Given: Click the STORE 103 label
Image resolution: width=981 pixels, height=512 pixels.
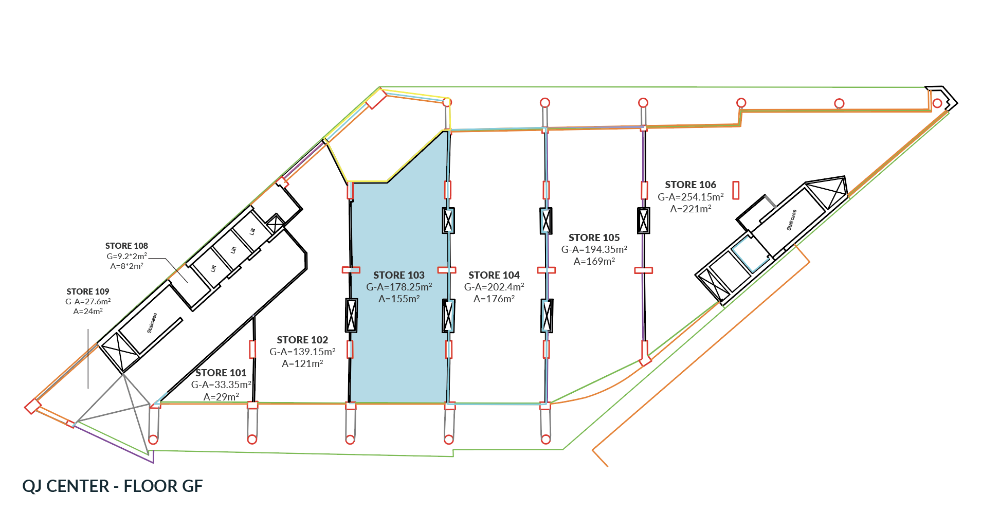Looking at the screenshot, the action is [x=399, y=275].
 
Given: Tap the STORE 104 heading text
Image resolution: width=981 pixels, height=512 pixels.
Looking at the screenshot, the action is [x=494, y=275].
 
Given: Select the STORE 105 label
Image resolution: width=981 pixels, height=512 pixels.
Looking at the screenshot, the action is [x=594, y=237].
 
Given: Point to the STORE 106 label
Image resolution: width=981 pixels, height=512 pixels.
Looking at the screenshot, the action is [x=691, y=185].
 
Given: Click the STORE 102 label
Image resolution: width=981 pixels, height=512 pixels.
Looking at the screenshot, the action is [x=302, y=340].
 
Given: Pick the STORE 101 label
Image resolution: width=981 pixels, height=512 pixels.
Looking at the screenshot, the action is [x=221, y=373].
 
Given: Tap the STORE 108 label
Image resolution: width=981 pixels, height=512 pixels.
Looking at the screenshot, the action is [x=126, y=246].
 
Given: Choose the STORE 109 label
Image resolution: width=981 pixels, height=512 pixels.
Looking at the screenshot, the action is [x=88, y=291].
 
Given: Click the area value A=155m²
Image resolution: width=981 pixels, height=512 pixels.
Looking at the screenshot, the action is [x=399, y=299].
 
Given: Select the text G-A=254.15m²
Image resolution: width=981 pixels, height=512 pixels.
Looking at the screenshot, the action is [x=691, y=197].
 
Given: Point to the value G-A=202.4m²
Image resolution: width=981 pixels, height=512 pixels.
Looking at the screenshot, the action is [x=494, y=287].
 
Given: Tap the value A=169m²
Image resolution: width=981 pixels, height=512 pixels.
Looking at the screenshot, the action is [x=594, y=261].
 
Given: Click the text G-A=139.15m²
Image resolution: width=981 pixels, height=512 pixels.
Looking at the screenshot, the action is [x=302, y=352].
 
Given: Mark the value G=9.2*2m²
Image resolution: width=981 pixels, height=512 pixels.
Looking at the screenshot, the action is [x=126, y=256].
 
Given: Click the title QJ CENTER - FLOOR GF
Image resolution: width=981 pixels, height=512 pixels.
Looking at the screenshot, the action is [x=113, y=486].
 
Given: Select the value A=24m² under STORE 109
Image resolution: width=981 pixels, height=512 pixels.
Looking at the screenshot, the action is [x=88, y=311].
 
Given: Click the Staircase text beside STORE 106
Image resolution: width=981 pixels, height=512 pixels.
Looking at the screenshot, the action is [x=792, y=220].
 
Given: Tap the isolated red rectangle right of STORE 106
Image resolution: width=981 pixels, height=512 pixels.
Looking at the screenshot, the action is [x=736, y=190].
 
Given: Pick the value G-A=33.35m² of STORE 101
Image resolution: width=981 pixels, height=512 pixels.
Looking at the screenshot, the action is [x=221, y=385].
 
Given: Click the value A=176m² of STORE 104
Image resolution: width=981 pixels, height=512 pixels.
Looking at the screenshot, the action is [x=494, y=299].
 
